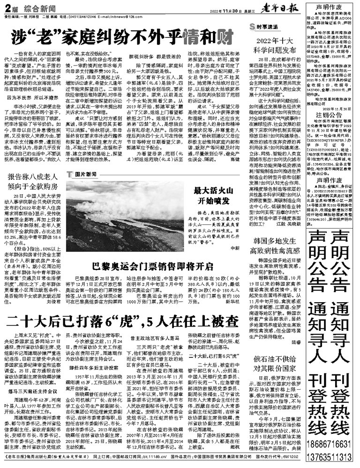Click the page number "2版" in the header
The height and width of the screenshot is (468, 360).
tap(11, 8)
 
